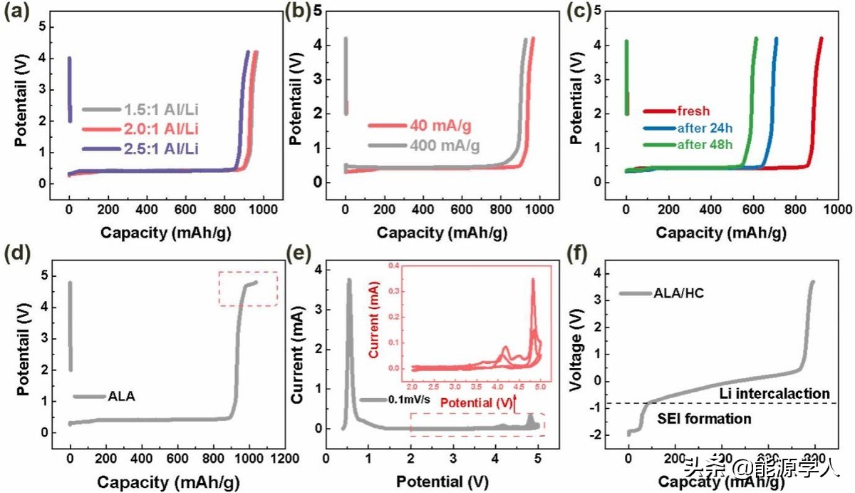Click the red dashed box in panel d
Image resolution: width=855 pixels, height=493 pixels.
[x=248, y=288]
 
